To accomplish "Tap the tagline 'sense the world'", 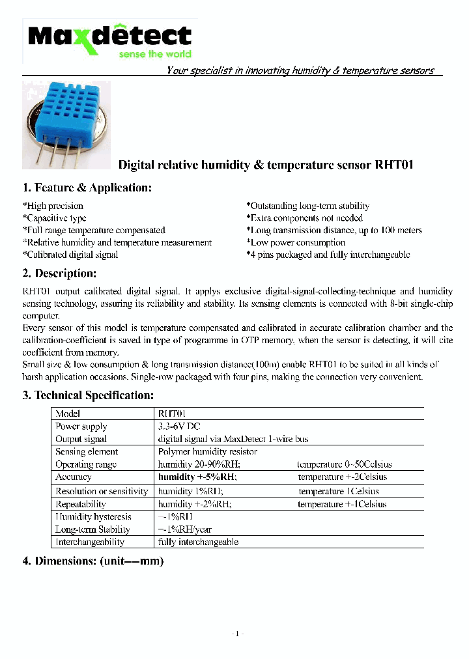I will (x=155, y=55).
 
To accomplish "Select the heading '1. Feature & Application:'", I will (x=87, y=188).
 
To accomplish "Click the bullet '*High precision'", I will (x=53, y=206).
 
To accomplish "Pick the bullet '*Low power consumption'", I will (x=296, y=242).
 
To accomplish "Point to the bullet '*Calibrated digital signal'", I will (x=70, y=255).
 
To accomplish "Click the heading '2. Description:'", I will (x=59, y=273).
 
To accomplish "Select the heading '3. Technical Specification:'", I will (x=89, y=395).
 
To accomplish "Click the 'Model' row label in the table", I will (x=68, y=414).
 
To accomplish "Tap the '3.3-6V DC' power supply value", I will (x=179, y=427).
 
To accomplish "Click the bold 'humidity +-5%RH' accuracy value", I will (x=197, y=477).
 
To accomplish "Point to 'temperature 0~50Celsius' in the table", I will (x=344, y=464).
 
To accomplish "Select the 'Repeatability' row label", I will (x=80, y=504).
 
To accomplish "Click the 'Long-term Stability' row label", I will (x=92, y=529).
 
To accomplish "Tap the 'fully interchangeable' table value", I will (x=198, y=542).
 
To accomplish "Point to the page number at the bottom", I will (x=237, y=634).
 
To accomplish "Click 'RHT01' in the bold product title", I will (x=394, y=165).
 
